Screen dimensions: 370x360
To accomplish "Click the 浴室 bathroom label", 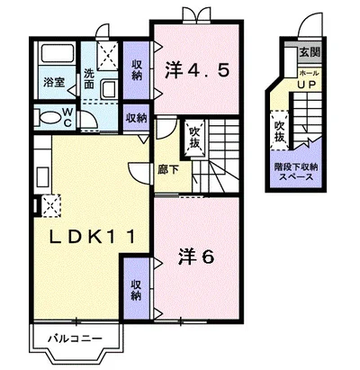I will coord(53,83).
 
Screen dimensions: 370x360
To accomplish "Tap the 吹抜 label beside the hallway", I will coord(193,140).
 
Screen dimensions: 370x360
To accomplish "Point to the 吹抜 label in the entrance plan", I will coord(280,131).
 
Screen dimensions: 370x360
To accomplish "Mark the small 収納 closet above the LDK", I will coord(137,118).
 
